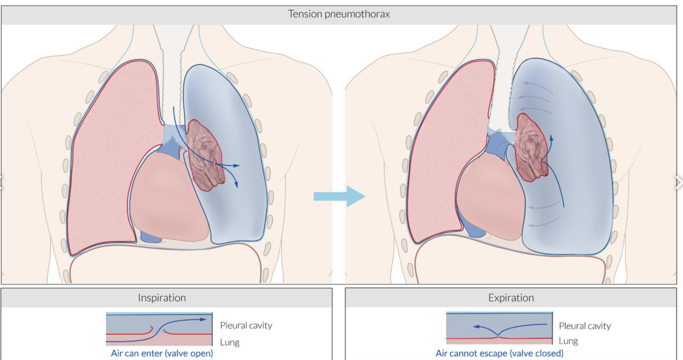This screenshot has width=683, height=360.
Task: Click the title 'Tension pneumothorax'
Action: (338, 14)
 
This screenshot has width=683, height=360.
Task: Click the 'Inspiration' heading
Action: (162, 298)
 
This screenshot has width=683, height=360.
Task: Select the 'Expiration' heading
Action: (511, 298)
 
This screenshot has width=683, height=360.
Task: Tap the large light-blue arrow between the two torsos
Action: (339, 196)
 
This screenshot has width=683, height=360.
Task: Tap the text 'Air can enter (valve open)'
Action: (162, 353)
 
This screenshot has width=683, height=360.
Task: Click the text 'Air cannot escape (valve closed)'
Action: (499, 353)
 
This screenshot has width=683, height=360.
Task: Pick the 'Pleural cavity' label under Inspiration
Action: (246, 325)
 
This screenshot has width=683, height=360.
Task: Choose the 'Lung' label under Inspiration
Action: (229, 342)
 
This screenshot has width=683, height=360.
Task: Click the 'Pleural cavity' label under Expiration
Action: (585, 326)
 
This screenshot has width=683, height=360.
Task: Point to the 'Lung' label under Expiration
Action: (568, 341)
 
